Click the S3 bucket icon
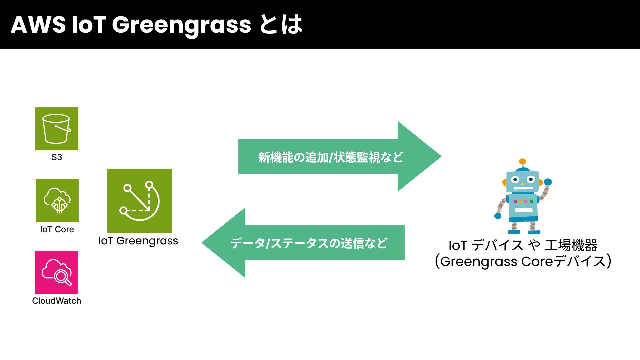pos(57,129)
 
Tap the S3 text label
pos(57,157)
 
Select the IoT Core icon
pos(57,200)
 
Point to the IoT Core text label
pos(57,229)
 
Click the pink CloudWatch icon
pos(57,272)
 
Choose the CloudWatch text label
pos(57,301)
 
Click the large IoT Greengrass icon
pos(139,201)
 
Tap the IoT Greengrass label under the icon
pos(138,241)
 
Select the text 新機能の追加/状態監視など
pos(330,157)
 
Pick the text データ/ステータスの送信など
pos(309,243)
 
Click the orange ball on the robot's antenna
pos(523,162)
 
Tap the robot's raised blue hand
pos(548,182)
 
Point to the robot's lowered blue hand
pos(498,216)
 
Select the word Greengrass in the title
pos(181,25)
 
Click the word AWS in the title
pos(38,25)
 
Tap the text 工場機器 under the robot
pos(571,245)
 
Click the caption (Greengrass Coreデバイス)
pos(523,261)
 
